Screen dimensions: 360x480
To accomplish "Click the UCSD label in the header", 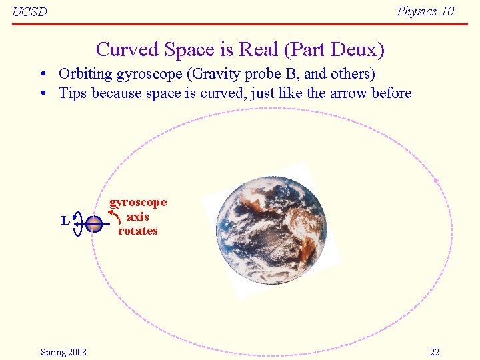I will coord(30,12).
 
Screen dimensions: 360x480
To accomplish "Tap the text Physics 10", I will coord(425,11).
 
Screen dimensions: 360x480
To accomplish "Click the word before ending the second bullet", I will coord(391,93).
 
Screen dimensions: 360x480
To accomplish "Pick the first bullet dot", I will coord(42,74).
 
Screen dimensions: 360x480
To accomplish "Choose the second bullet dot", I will coord(42,93).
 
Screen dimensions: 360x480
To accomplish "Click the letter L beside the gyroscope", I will coord(65,220).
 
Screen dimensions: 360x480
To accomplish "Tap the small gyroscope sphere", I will coord(94,224).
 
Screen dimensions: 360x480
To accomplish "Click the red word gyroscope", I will coord(138,202).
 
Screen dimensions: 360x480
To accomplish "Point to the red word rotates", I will coord(138,231).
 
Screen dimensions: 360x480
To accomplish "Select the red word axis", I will coord(138,217).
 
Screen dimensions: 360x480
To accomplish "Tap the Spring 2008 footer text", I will coord(63,352).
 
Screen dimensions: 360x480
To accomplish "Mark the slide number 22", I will coord(435,352).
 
